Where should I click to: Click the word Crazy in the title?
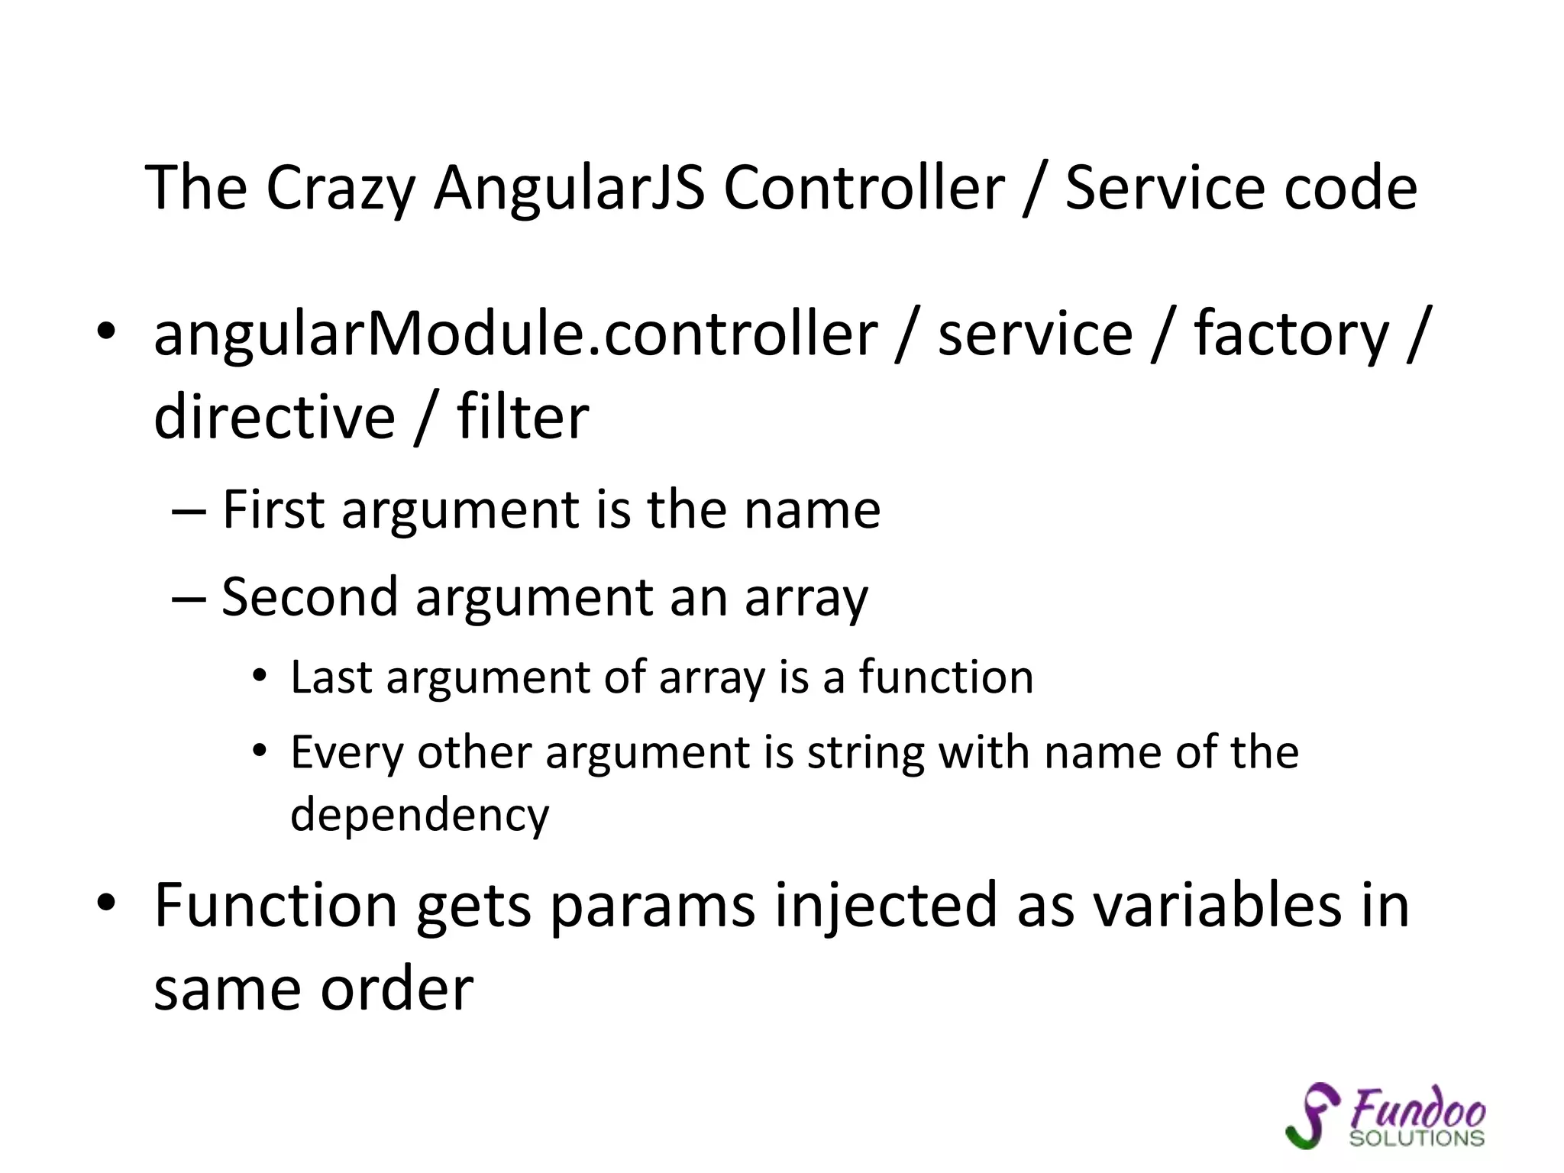click(x=340, y=188)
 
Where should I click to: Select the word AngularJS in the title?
click(x=569, y=188)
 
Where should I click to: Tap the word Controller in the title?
click(x=864, y=188)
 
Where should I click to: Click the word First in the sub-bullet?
click(x=273, y=509)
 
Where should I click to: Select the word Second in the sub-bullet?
click(x=309, y=596)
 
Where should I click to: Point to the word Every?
click(x=347, y=753)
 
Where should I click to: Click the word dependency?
click(x=419, y=815)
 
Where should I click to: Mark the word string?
click(x=864, y=753)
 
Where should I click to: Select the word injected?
click(x=886, y=906)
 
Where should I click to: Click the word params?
click(x=653, y=906)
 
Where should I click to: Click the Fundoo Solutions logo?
click(x=1386, y=1116)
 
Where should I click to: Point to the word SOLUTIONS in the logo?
click(x=1417, y=1138)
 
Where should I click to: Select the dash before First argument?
click(x=189, y=510)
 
